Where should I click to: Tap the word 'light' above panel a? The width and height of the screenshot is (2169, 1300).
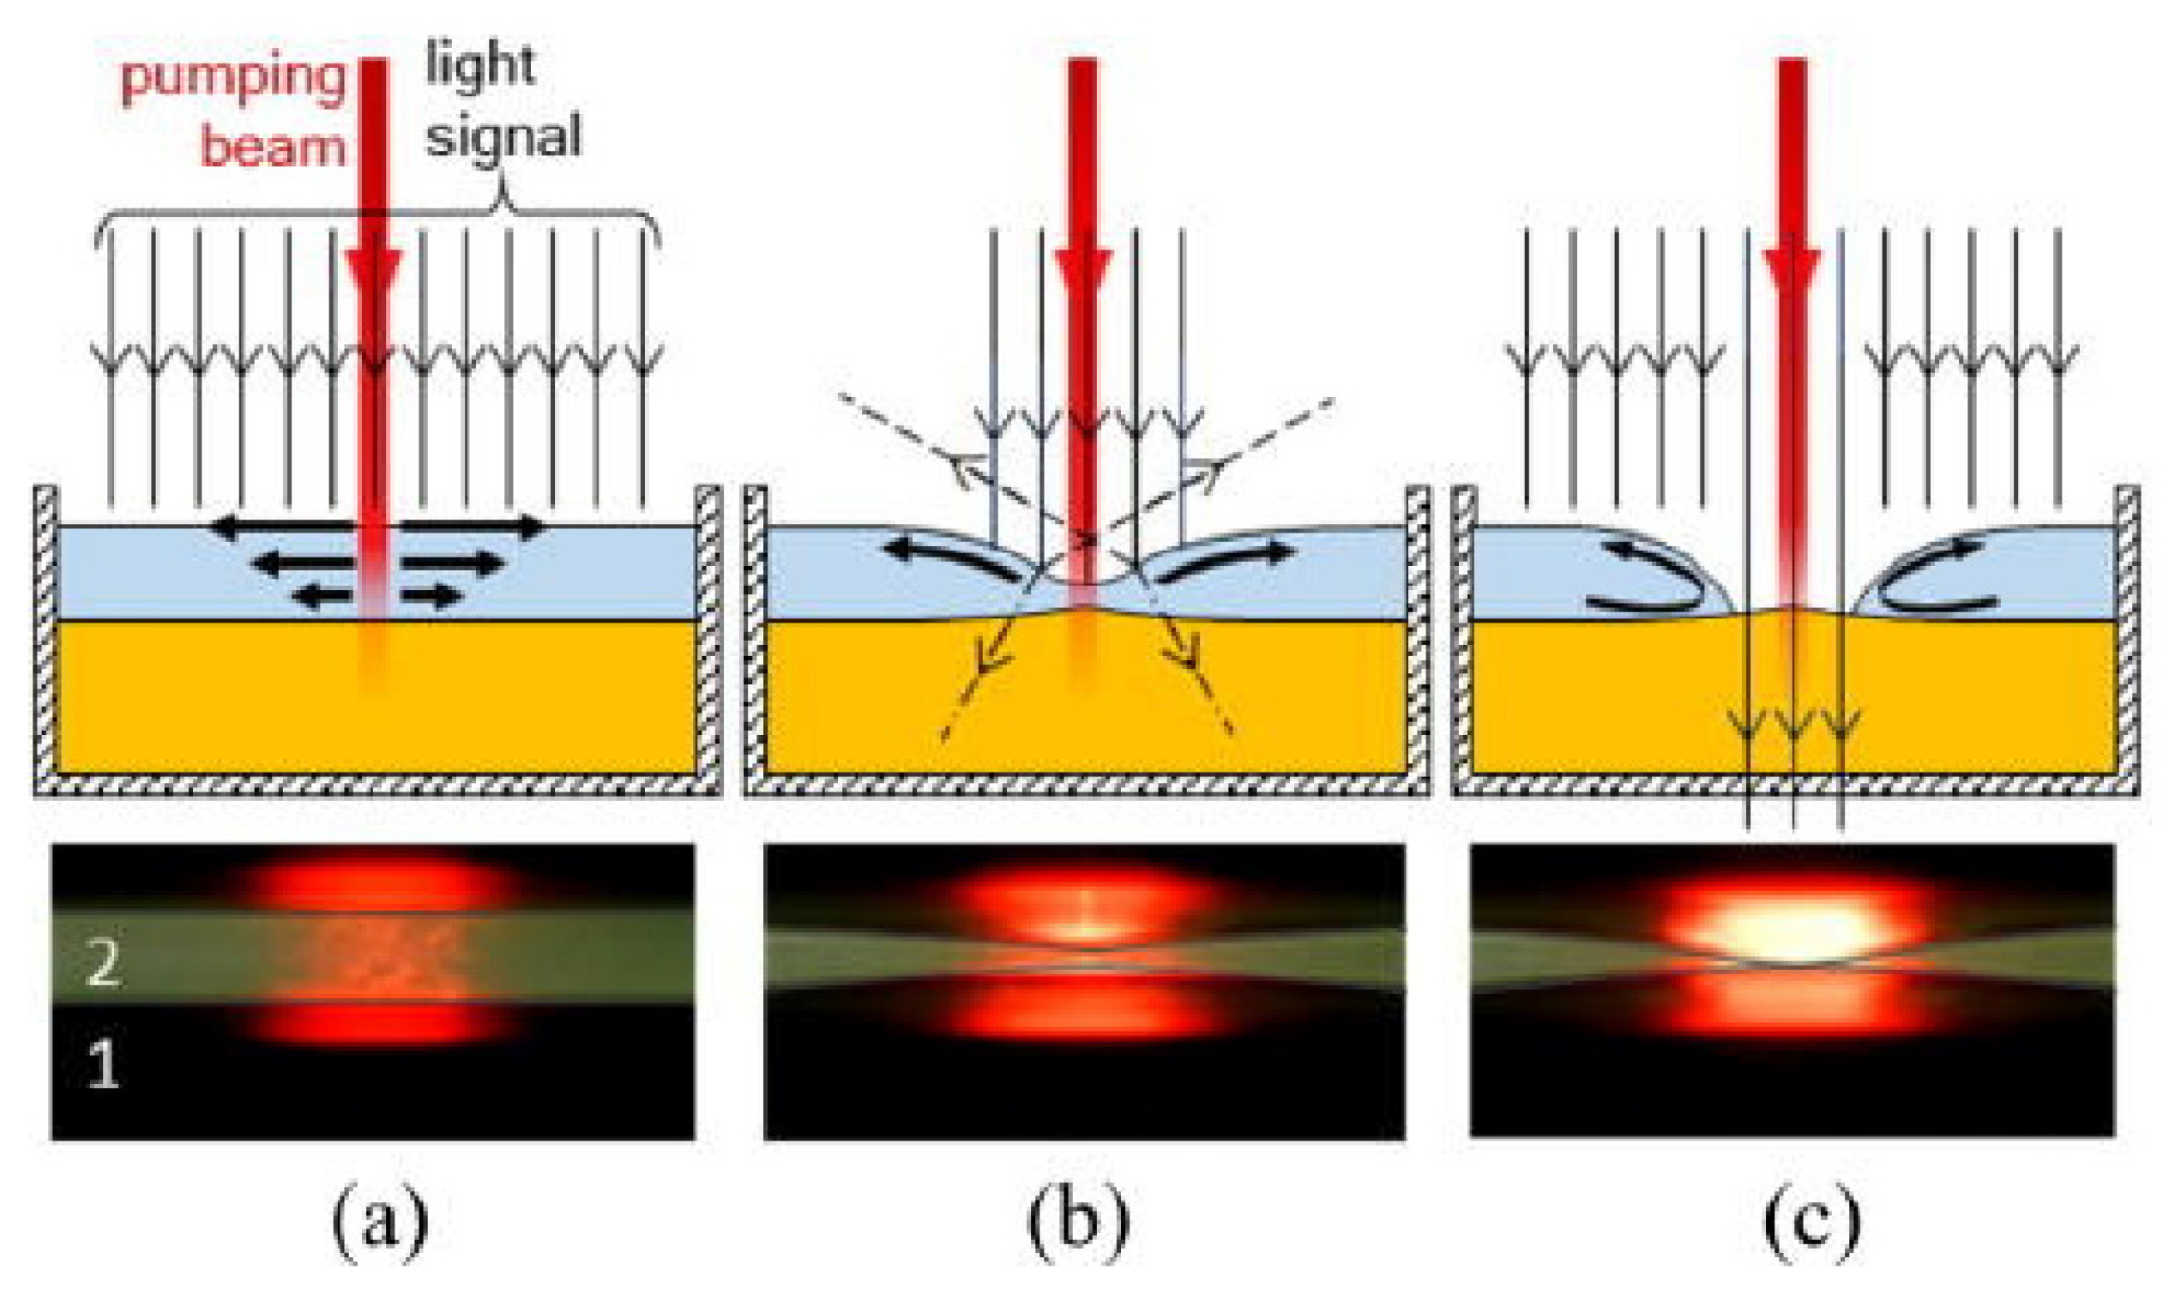(480, 65)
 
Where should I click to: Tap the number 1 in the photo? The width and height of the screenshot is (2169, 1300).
(104, 1066)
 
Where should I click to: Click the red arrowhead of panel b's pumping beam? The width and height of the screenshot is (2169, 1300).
(1084, 272)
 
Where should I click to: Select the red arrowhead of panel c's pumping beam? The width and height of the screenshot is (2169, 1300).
(1792, 272)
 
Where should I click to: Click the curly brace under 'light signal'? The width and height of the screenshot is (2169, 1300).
(377, 214)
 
